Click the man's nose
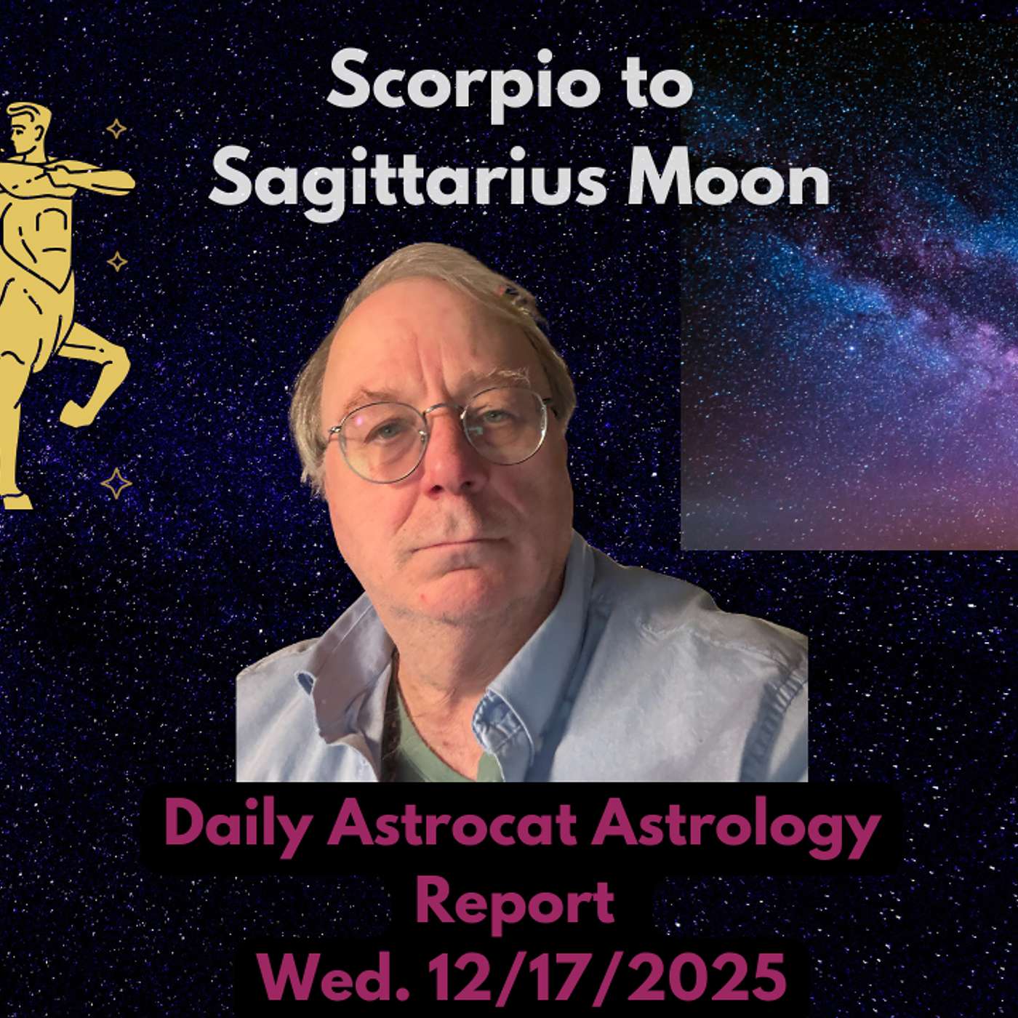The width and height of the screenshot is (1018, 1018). (445, 473)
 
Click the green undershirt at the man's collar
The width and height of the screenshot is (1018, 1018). (429, 749)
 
